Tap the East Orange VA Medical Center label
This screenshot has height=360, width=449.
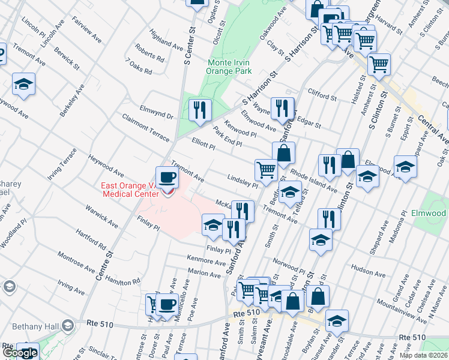tap(130, 189)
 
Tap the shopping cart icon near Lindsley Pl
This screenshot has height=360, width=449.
tap(265, 170)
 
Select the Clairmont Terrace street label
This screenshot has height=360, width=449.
tap(145, 127)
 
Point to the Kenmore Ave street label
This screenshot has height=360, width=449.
tap(206, 262)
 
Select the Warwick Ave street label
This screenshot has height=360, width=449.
tap(101, 217)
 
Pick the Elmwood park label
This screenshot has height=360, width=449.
tap(429, 213)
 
